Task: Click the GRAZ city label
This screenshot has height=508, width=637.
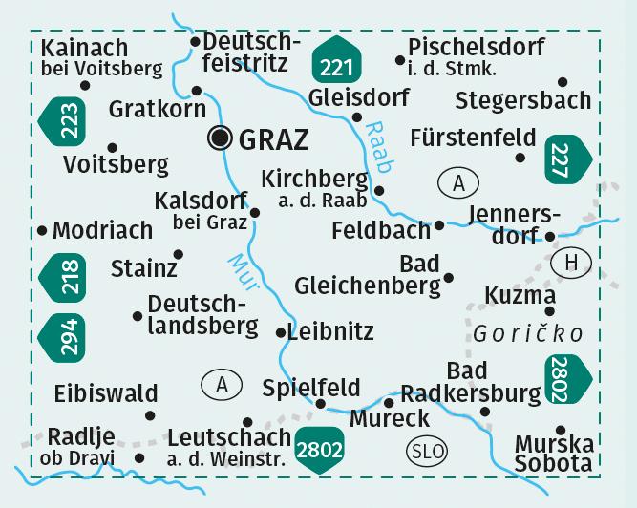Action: pyautogui.click(x=272, y=139)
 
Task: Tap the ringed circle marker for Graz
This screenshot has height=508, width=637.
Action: pyautogui.click(x=221, y=138)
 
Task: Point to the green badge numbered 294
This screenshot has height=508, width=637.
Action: pyautogui.click(x=64, y=336)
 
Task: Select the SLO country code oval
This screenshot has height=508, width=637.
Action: pyautogui.click(x=425, y=450)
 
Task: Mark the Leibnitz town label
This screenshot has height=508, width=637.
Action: pyautogui.click(x=330, y=332)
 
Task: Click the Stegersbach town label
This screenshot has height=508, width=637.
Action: pyautogui.click(x=522, y=100)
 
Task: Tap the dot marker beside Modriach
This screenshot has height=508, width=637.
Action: pyautogui.click(x=42, y=230)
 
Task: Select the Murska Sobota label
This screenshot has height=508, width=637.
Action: pyautogui.click(x=554, y=455)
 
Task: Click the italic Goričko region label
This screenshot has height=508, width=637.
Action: pyautogui.click(x=526, y=333)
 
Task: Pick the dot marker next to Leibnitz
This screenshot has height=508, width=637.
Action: pyautogui.click(x=279, y=333)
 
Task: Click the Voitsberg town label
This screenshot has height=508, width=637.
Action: pyautogui.click(x=116, y=164)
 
